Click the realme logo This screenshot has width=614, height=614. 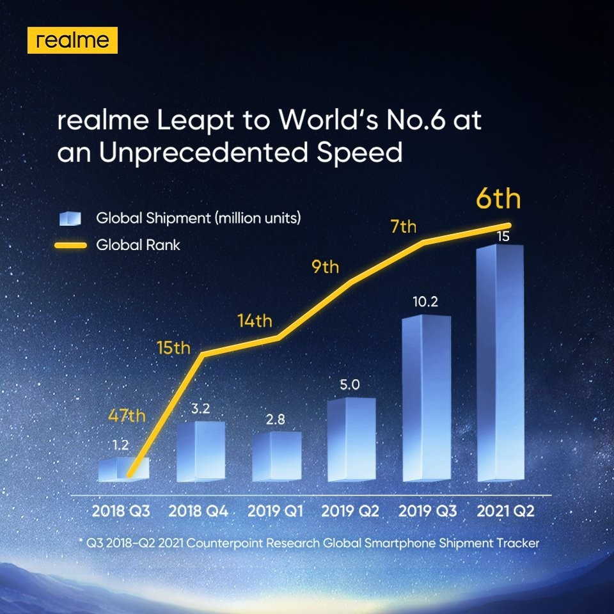(x=72, y=40)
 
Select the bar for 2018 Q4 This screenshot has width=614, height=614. (x=200, y=452)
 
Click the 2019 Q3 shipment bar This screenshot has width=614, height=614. (x=425, y=400)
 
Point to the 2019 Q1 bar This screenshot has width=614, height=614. (x=276, y=457)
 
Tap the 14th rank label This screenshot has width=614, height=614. (x=255, y=320)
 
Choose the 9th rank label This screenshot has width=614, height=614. (x=325, y=266)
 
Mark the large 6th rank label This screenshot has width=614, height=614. (x=498, y=200)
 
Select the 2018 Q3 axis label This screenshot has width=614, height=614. (x=122, y=512)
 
